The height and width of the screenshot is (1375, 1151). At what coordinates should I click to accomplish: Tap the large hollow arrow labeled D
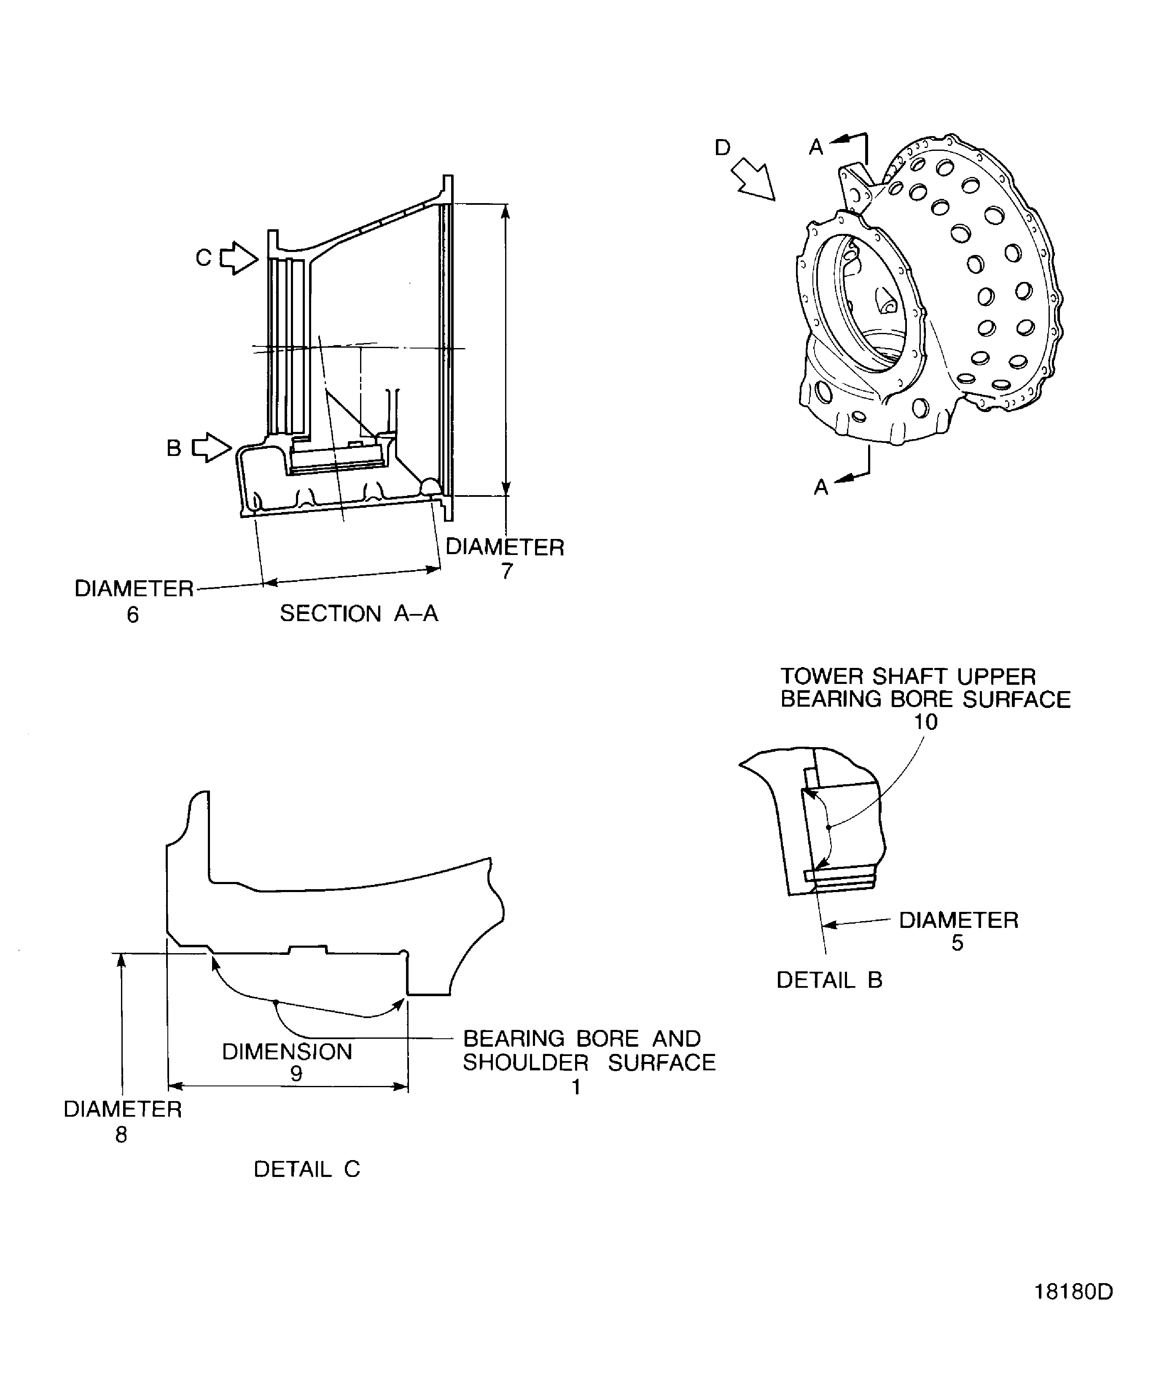point(753,178)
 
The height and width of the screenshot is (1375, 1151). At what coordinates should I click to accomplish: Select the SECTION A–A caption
point(358,614)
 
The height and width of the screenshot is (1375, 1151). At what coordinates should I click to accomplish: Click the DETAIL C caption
point(307,1169)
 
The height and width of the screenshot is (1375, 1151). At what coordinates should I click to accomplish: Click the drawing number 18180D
point(1073,1292)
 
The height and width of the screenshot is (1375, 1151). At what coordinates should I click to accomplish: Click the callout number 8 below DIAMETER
point(121,1135)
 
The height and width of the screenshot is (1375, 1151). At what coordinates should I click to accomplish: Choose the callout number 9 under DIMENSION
point(296,1074)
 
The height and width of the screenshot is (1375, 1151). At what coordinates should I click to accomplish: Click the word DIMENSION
point(287,1051)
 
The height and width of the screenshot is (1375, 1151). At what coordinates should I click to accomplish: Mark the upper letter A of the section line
point(815,147)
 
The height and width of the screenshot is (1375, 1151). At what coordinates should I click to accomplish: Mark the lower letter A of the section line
point(821,487)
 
